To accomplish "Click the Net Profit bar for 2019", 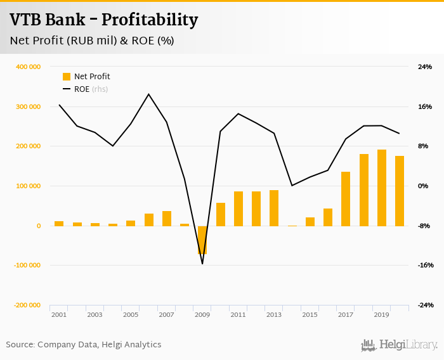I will point(381,188).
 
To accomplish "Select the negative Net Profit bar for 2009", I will point(202,240).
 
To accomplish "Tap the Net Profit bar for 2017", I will point(346,199).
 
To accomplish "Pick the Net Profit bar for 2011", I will point(238,209).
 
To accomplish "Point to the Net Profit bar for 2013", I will point(274,208).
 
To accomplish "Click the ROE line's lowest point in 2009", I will point(202,264).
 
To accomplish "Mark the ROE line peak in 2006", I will point(148,94).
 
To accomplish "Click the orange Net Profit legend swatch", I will point(67,77).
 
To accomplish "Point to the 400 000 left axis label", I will point(29,67).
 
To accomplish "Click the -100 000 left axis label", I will point(27,266).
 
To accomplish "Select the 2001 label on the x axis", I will point(59,315).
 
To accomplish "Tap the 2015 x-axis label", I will point(310,315).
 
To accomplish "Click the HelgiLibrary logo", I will point(399,345).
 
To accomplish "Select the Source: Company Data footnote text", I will point(84,345).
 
